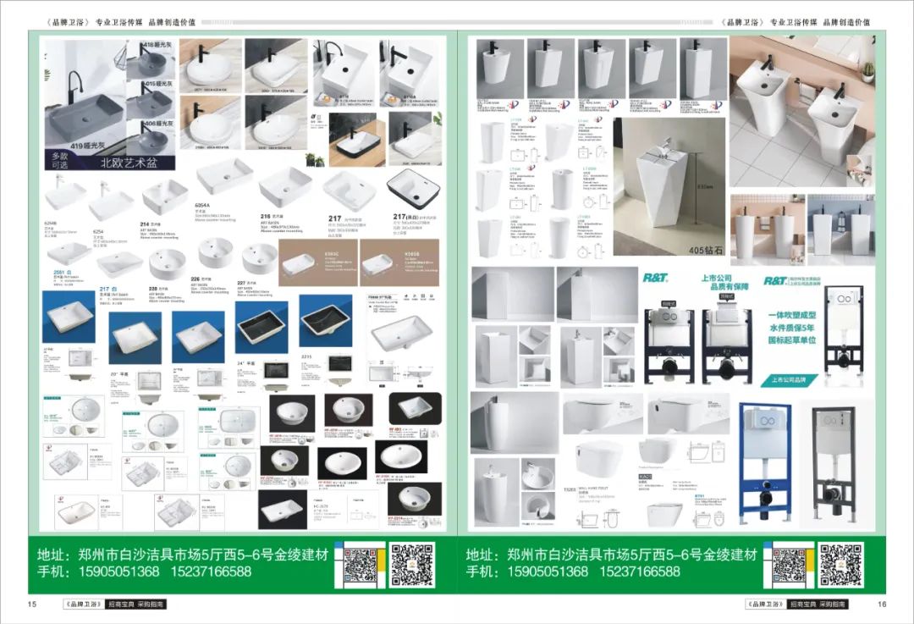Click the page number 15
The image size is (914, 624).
pyautogui.click(x=32, y=604)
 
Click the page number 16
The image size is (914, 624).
pyautogui.click(x=881, y=604)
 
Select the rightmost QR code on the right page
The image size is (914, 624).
pyautogui.click(x=841, y=565)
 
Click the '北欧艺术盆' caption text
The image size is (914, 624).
pyautogui.click(x=129, y=163)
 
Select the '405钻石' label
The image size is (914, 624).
pyautogui.click(x=700, y=251)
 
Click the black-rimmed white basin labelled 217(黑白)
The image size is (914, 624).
pyautogui.click(x=415, y=190)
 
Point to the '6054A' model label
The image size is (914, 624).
pyautogui.click(x=204, y=205)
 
